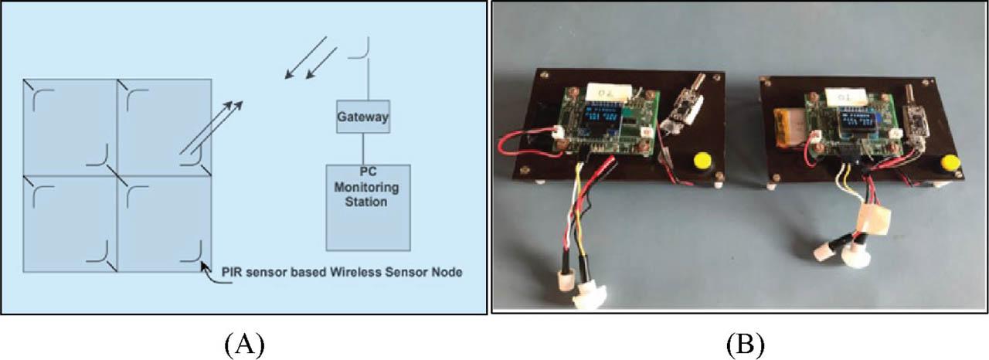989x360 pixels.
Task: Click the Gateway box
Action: coord(362,118)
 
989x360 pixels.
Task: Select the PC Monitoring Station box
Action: coord(367,206)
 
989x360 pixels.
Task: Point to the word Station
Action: coord(367,202)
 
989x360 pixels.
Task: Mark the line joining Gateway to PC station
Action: coord(362,149)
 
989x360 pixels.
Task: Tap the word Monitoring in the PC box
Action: coord(367,187)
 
